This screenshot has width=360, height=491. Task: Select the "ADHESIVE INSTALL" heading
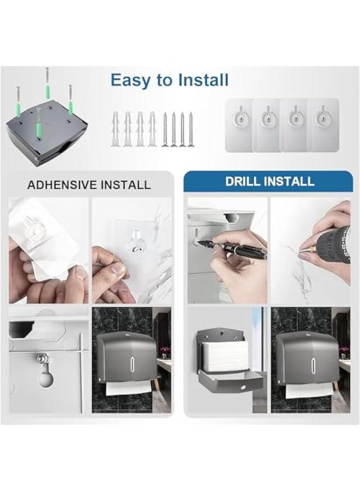tap(89, 184)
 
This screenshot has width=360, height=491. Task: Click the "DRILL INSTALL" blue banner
tap(269, 181)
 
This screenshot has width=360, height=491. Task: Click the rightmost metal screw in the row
tap(190, 129)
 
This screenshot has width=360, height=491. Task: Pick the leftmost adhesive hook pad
tap(239, 125)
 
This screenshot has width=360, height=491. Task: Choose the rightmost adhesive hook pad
tap(323, 125)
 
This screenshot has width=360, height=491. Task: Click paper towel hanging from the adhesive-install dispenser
tap(127, 388)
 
